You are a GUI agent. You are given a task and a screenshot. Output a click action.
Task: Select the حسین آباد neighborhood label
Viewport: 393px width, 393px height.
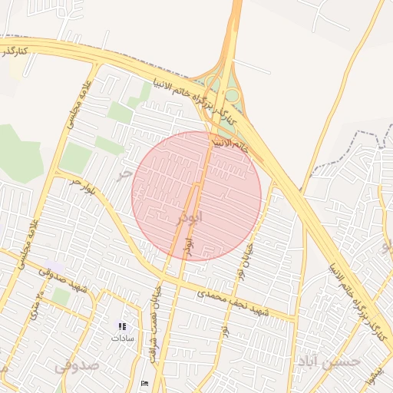(x=326, y=362)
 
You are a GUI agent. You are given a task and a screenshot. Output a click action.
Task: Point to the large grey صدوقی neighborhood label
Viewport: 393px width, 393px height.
(x=76, y=366)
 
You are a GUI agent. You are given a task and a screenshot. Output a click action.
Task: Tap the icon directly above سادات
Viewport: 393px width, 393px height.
(x=122, y=325)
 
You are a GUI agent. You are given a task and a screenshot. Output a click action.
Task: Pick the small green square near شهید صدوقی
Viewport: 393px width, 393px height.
(x=61, y=296)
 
